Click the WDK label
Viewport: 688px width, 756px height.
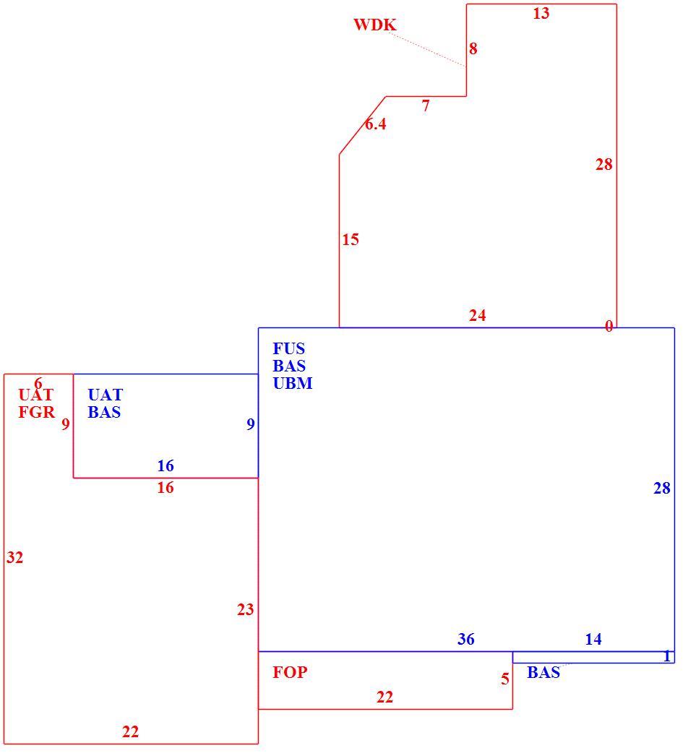click(x=374, y=25)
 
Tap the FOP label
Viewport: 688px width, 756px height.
click(x=290, y=672)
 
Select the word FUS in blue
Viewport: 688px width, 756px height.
click(x=289, y=348)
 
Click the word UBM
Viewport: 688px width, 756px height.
click(x=293, y=383)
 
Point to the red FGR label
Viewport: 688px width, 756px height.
click(x=37, y=412)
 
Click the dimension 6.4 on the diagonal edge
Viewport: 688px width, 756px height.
click(x=375, y=124)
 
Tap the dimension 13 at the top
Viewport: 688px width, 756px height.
click(x=541, y=14)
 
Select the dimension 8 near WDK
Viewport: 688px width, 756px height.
click(x=473, y=48)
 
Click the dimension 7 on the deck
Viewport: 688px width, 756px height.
click(x=425, y=106)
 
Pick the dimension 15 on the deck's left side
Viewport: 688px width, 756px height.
click(x=351, y=240)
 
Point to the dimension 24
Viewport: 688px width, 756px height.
click(x=477, y=315)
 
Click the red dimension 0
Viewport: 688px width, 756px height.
click(x=609, y=327)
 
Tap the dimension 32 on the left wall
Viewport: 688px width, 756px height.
click(x=15, y=557)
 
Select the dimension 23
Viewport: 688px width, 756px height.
click(x=246, y=610)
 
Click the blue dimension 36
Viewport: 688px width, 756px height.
click(x=465, y=640)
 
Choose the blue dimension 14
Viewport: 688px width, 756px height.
click(x=593, y=640)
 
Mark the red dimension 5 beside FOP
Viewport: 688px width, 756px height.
click(x=504, y=679)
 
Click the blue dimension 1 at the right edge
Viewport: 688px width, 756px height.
click(x=667, y=656)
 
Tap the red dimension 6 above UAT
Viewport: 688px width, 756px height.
click(x=38, y=384)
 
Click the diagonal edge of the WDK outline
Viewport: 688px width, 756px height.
click(x=362, y=125)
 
